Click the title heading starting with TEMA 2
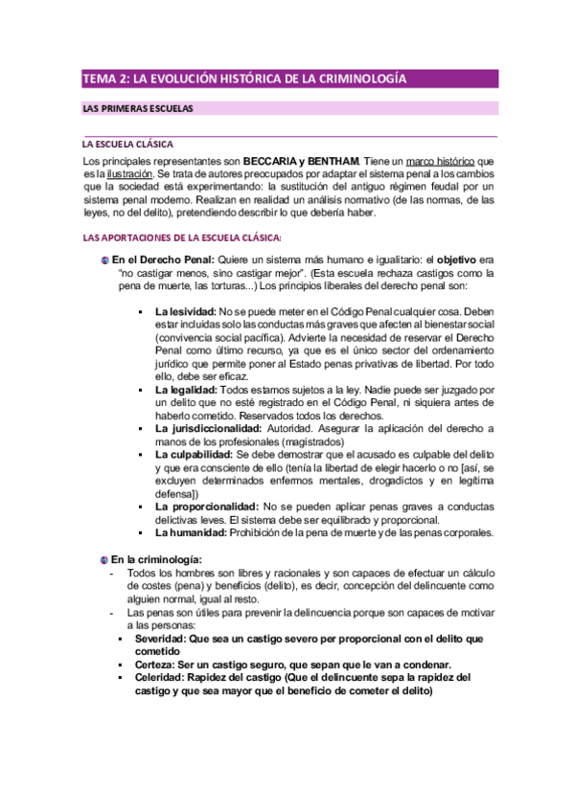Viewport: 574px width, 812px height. pos(244,79)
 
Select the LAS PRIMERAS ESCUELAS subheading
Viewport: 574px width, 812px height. pos(138,108)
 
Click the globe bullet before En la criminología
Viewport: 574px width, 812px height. pos(103,558)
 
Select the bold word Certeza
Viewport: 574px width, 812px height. pos(154,664)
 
